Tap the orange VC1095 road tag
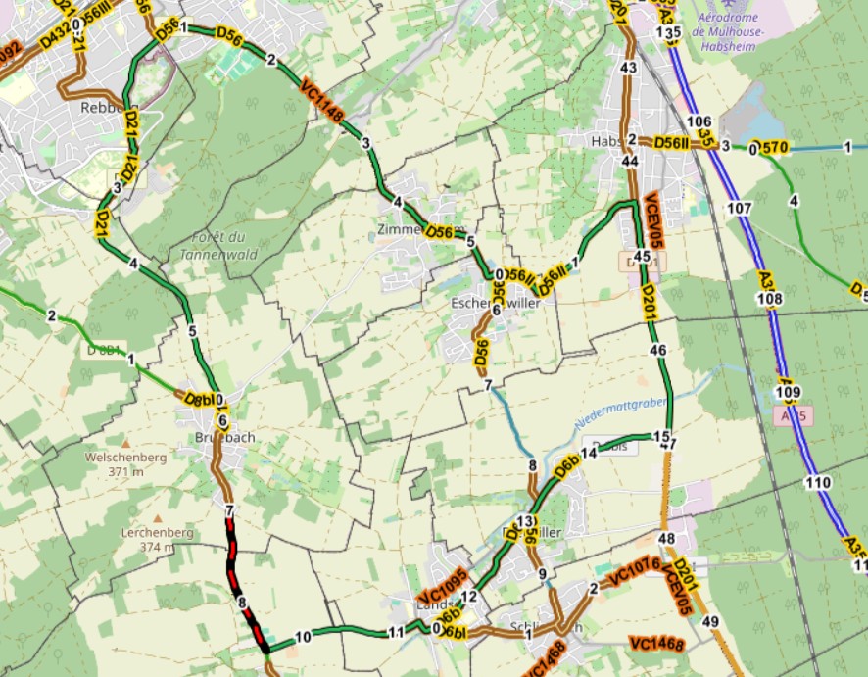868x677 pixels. point(441,585)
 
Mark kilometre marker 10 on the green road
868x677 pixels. point(303,637)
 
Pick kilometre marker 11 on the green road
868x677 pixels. point(396,632)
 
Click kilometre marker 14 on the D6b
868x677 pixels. point(589,453)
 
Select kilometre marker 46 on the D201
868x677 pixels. point(657,350)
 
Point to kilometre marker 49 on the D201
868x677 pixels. point(710,622)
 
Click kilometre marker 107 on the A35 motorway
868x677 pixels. point(740,209)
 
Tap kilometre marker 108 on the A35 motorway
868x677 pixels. point(771,299)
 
